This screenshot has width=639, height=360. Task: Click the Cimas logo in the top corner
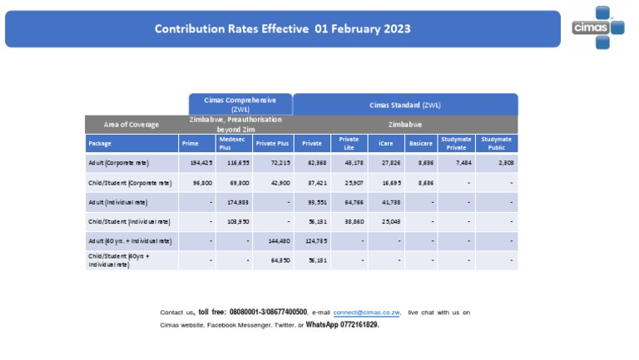597,28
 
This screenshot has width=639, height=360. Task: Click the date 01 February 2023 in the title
363,29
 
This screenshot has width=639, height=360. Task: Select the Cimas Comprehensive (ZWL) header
240,104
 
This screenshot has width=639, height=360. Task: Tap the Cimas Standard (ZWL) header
405,106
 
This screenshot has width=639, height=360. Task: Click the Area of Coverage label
131,124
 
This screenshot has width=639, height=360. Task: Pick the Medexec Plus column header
234,143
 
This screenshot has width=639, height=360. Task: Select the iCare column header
386,143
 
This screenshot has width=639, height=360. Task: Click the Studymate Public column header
496,143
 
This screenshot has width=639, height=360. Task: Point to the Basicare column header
421,143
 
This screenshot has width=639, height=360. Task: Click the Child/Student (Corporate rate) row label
129,182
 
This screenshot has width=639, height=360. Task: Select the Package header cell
100,143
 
